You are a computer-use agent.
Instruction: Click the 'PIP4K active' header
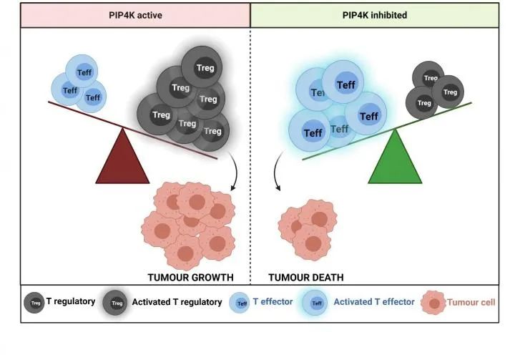[134, 14]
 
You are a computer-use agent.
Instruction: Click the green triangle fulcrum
[394, 159]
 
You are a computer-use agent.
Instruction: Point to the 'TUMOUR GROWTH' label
[191, 277]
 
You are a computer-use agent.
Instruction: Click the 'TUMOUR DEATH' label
[306, 277]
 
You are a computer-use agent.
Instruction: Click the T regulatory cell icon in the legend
[35, 303]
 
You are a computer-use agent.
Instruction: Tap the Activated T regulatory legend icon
[114, 303]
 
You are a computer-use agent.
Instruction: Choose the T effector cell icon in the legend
[241, 303]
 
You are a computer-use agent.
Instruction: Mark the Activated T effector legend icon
[316, 303]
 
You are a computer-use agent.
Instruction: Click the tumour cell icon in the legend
[434, 303]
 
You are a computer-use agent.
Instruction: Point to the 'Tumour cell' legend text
[471, 303]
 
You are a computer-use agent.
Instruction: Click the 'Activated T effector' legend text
[373, 303]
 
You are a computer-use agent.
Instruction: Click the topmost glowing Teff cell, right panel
[345, 84]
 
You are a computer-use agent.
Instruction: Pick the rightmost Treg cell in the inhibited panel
[449, 92]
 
